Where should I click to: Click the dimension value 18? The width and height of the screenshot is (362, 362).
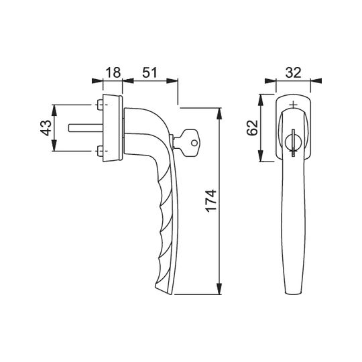[x=113, y=72]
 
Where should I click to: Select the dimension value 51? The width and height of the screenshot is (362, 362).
[x=149, y=72]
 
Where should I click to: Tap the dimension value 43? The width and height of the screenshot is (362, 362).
[x=46, y=127]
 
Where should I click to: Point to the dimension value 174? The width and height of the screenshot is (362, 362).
[x=211, y=200]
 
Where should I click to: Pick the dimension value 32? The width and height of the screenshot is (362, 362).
[x=293, y=72]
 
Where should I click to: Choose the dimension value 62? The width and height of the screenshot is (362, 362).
[x=252, y=127]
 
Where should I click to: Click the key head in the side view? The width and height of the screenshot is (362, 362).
[x=190, y=143]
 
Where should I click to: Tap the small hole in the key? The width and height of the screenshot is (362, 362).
[x=194, y=143]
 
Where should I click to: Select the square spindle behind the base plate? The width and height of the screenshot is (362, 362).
[x=86, y=128]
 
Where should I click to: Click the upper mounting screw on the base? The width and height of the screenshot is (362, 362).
[x=100, y=105]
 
